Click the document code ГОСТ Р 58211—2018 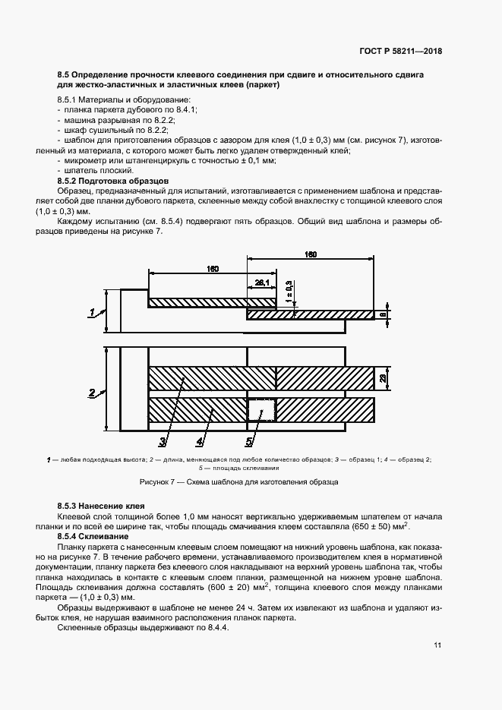(x=401, y=52)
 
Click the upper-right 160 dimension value (x=311, y=254)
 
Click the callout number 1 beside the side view (x=92, y=312)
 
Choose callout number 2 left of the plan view (x=92, y=393)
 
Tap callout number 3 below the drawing (x=163, y=440)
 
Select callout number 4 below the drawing (x=200, y=440)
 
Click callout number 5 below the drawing (x=248, y=440)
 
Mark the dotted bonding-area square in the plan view (x=260, y=411)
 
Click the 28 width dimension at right (x=384, y=378)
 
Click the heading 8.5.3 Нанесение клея (x=101, y=505)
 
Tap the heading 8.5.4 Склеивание (x=90, y=536)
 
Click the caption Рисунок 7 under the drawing (x=238, y=482)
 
